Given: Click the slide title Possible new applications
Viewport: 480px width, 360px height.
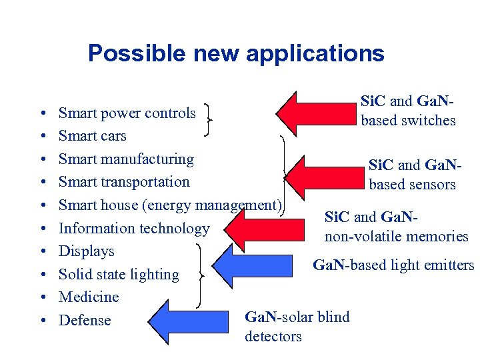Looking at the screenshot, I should [x=236, y=53].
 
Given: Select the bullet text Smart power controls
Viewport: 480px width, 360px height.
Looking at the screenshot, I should [x=127, y=113].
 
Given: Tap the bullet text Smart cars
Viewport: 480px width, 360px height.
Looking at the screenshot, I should [x=92, y=136].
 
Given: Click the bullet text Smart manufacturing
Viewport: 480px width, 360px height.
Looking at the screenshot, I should [x=126, y=159].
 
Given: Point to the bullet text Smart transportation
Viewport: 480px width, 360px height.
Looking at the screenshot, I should [x=124, y=182].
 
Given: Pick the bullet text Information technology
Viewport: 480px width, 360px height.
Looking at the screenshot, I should [x=134, y=228].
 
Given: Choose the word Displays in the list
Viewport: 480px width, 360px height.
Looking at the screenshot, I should [x=87, y=251].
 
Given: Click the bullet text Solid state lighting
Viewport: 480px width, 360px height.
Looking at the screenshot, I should [x=119, y=274].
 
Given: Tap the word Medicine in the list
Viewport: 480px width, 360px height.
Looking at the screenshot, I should [x=89, y=297].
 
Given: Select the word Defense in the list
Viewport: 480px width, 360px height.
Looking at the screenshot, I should [x=85, y=320].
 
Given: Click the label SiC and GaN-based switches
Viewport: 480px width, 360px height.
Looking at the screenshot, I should [x=408, y=111].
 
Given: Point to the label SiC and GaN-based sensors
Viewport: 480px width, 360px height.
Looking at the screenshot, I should [x=412, y=175].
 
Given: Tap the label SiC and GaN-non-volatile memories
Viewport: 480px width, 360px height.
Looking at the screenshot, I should [x=396, y=227].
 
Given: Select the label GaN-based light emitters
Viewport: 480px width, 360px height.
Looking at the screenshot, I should [x=393, y=265].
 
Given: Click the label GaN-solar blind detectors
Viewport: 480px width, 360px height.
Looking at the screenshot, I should [x=297, y=326].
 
